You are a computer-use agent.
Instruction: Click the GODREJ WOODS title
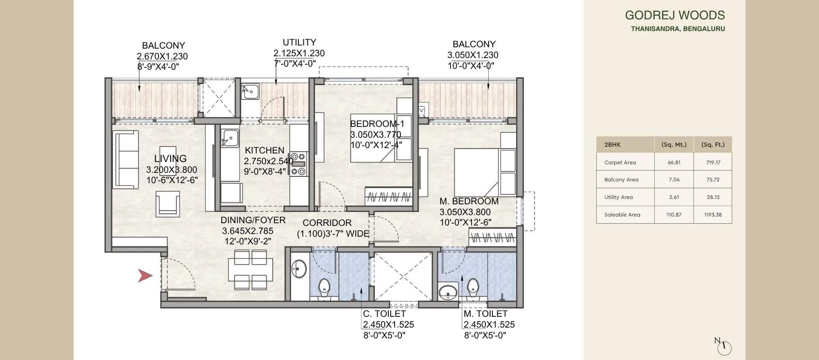pyautogui.click(x=675, y=15)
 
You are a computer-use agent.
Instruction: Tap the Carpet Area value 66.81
pyautogui.click(x=674, y=162)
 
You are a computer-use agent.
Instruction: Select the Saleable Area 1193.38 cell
pyautogui.click(x=712, y=215)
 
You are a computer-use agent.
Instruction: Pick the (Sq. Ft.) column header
pyautogui.click(x=712, y=145)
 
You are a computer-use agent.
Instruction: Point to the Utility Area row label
pyautogui.click(x=618, y=197)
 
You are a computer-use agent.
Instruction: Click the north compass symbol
pyautogui.click(x=724, y=347)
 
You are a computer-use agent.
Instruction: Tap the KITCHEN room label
pyautogui.click(x=264, y=150)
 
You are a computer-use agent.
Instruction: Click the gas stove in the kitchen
pyautogui.click(x=298, y=164)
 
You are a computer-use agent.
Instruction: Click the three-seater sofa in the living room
pyautogui.click(x=126, y=160)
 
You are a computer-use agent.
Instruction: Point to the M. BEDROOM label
pyautogui.click(x=468, y=201)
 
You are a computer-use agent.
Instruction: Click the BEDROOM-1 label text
pyautogui.click(x=377, y=124)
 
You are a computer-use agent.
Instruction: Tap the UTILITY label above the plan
pyautogui.click(x=299, y=42)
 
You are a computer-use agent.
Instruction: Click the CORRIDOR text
pyautogui.click(x=327, y=223)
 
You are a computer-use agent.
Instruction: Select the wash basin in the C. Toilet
pyautogui.click(x=299, y=269)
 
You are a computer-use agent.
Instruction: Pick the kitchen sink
pyautogui.click(x=230, y=138)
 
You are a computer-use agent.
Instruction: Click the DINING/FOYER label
pyautogui.click(x=253, y=220)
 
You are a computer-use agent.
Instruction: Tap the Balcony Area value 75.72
pyautogui.click(x=712, y=180)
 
